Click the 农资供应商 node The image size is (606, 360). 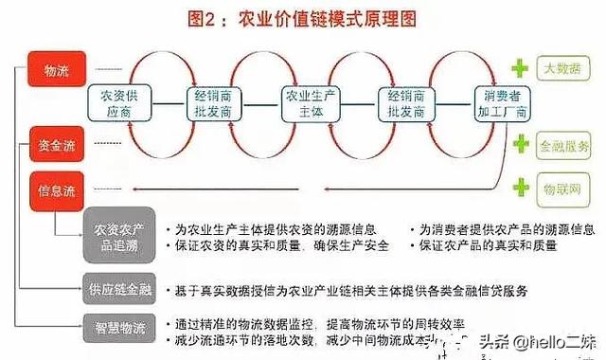pos(119,103)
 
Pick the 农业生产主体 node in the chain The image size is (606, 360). pos(304,103)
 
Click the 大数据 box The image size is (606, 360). pos(564,69)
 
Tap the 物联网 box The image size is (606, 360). pos(564,182)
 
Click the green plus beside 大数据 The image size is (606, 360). pos(519,69)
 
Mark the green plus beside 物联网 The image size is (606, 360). pos(519,182)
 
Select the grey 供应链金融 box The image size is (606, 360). pos(118,287)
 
